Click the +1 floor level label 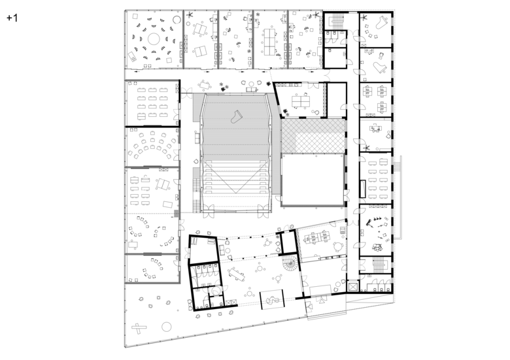point(12,18)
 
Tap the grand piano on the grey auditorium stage point(237,116)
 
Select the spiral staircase point(290,263)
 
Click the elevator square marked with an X point(352,286)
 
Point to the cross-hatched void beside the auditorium point(313,136)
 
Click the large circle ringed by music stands point(154,40)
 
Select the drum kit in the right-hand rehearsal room point(378,247)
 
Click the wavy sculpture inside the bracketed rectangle point(272,300)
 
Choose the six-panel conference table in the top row point(269,42)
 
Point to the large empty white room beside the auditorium point(313,180)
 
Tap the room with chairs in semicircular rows point(152,147)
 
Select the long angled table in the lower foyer point(237,275)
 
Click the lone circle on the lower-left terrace point(167,327)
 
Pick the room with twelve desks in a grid point(152,103)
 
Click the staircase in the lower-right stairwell point(378,265)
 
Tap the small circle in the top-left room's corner point(177,20)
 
